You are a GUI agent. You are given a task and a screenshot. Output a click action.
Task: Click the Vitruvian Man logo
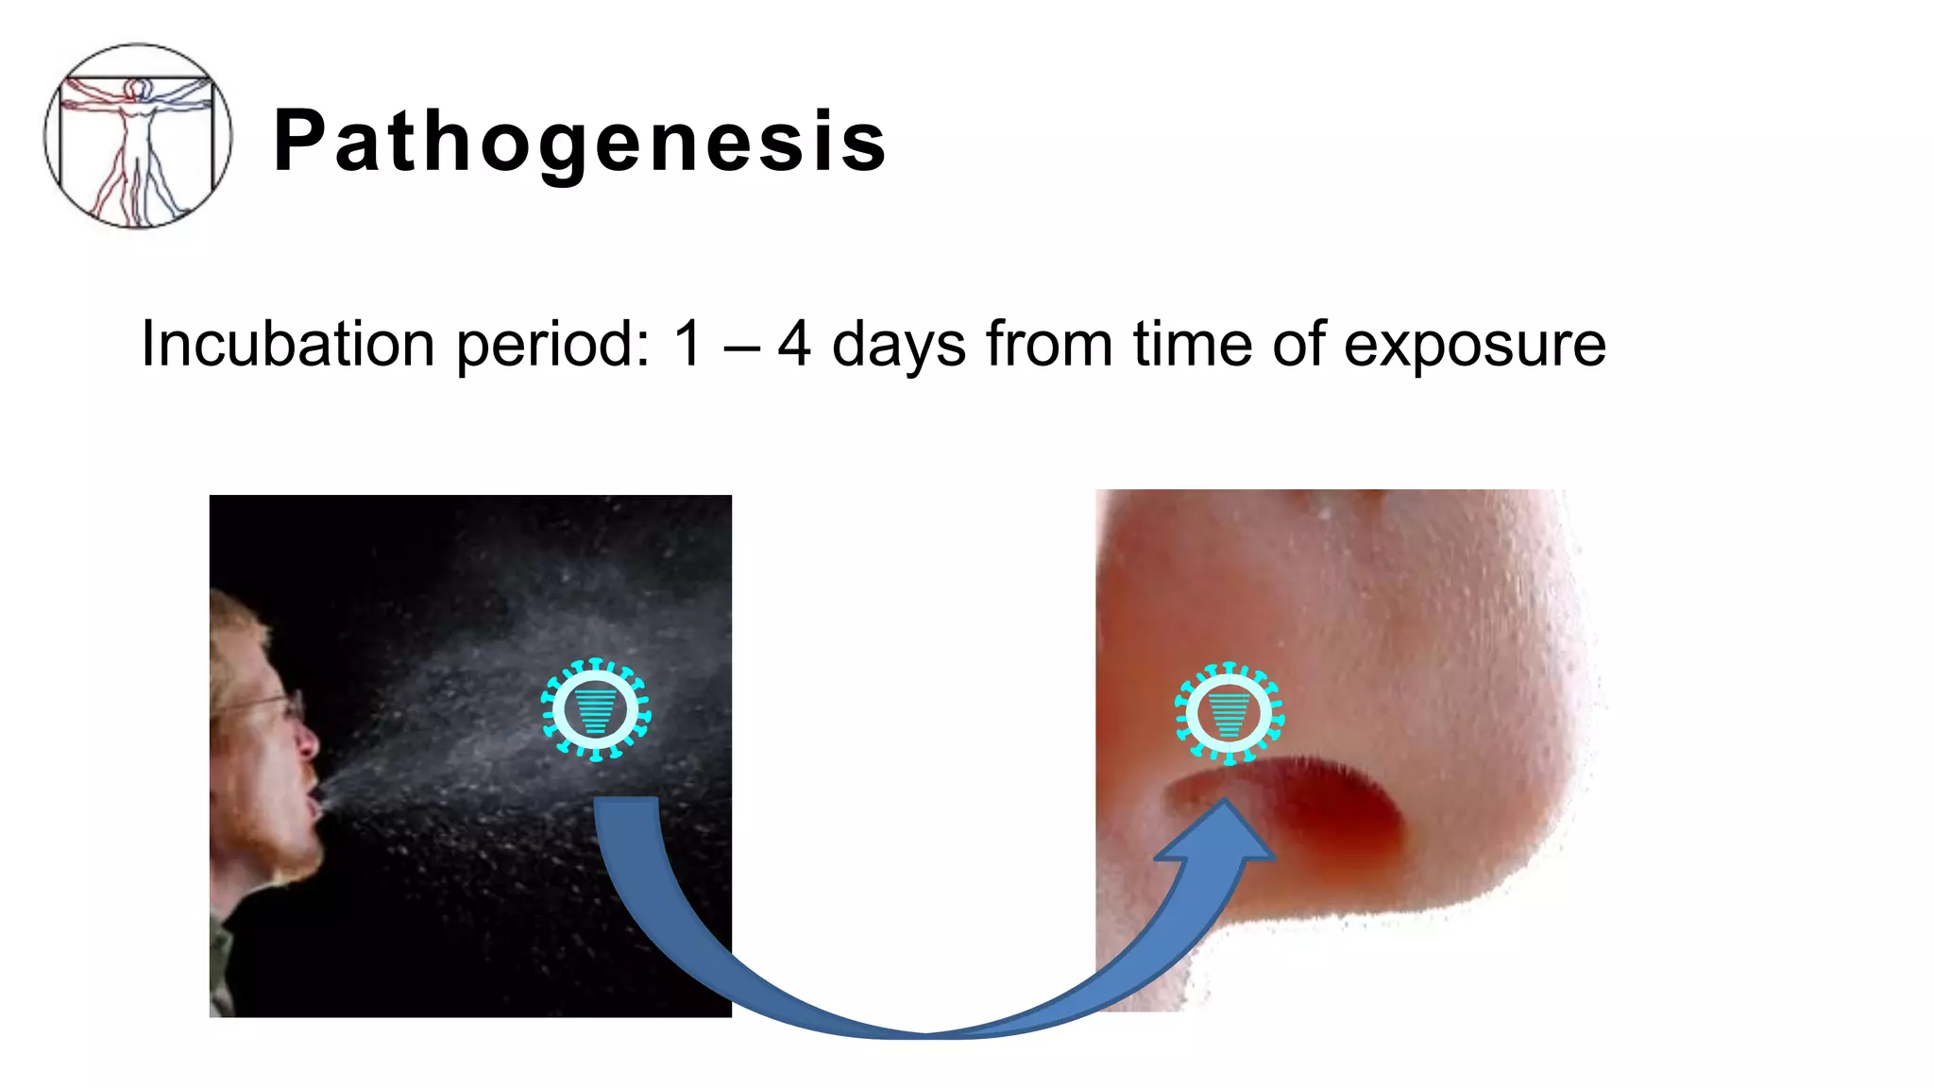(x=138, y=136)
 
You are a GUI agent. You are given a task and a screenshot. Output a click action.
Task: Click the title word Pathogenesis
(x=580, y=142)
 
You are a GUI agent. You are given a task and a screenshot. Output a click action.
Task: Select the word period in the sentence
(x=552, y=346)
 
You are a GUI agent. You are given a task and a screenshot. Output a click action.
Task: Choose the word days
(x=898, y=346)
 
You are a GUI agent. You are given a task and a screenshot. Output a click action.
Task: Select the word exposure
(x=1474, y=346)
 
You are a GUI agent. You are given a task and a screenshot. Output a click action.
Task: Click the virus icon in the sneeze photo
(x=596, y=709)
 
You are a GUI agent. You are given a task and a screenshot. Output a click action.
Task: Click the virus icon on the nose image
(x=1230, y=713)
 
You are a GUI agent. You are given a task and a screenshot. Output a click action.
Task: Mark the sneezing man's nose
(x=308, y=745)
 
